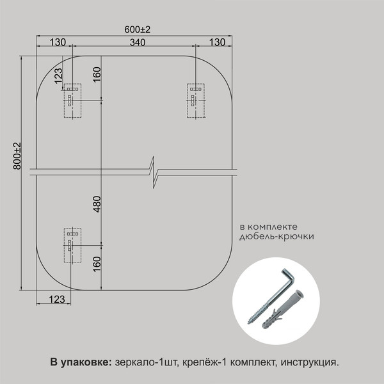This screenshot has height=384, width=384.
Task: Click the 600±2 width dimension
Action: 138,29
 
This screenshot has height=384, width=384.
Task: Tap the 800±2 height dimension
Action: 17,156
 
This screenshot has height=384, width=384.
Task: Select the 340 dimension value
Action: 138,42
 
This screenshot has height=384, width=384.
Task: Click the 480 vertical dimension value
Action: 97,204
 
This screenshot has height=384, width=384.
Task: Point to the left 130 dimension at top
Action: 58,42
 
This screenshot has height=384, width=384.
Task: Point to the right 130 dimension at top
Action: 217,42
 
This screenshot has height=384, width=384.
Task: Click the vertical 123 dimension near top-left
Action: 58,76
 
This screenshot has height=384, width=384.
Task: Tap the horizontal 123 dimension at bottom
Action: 57,300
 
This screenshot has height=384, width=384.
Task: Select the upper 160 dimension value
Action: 97,74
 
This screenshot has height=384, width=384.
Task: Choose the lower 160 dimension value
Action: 97,264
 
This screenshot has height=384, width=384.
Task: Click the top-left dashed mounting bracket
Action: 72,100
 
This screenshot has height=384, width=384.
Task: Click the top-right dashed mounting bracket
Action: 196,100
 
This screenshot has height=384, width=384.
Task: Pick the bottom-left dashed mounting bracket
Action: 72,245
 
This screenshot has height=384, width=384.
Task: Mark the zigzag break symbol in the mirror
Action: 154,172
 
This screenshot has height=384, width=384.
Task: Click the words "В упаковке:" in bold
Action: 81,362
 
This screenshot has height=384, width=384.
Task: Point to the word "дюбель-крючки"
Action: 276,236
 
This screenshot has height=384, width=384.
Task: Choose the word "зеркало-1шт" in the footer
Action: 146,362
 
